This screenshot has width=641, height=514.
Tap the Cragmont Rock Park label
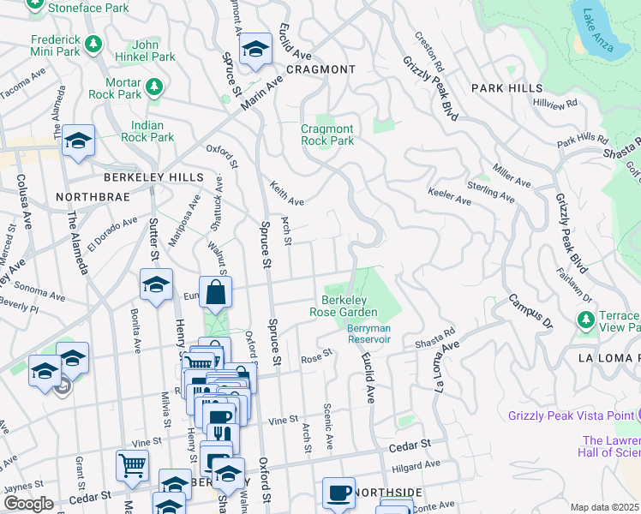pos(327,134)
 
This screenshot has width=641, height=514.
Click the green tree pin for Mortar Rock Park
pos(154,86)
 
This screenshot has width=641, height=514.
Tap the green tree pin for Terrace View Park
pos(586,320)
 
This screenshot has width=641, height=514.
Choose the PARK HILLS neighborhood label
pos(506,88)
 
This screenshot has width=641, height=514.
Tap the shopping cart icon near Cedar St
pos(132,466)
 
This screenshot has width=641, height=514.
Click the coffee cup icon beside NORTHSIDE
pos(338,493)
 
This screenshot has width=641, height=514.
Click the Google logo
pos(27,504)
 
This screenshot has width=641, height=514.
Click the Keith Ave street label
pos(287,195)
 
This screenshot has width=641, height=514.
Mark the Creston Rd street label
pos(429,52)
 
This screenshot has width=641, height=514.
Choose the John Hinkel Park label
pos(154,51)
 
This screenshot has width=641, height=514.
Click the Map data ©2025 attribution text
pos(604,507)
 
